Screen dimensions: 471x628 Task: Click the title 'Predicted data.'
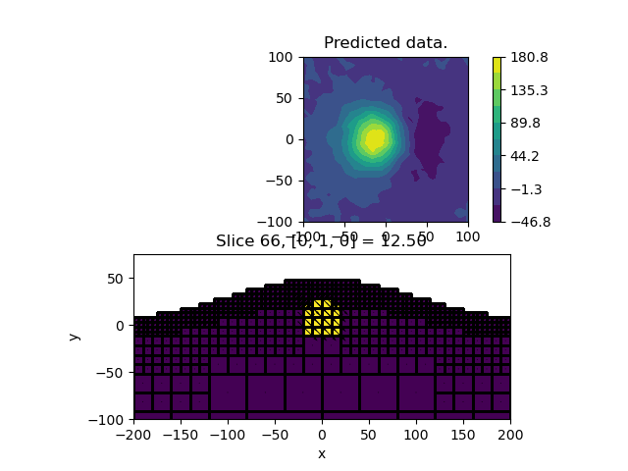386,43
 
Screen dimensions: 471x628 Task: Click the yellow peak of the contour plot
374,138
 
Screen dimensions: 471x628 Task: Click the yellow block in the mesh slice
322,317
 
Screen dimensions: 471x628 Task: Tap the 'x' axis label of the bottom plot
322,453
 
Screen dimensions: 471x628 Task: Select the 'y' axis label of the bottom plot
75,337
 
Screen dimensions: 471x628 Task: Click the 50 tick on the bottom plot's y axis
114,279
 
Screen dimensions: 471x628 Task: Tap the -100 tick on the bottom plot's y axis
107,419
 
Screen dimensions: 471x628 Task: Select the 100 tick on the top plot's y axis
284,57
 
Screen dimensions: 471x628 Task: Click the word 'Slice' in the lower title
235,241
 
